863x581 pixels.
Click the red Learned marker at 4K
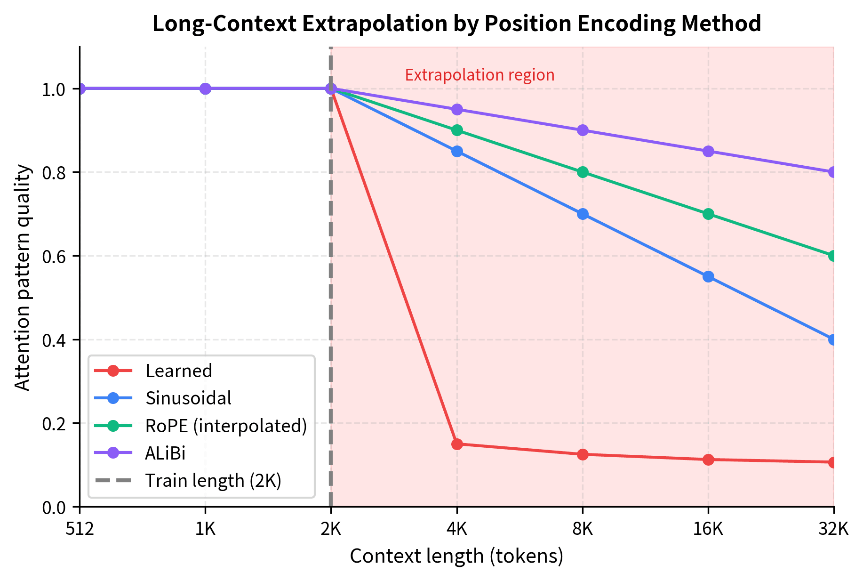click(x=457, y=444)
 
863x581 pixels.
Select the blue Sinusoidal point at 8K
click(x=583, y=214)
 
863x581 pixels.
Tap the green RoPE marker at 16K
click(x=708, y=214)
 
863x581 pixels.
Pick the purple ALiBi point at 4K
click(x=457, y=109)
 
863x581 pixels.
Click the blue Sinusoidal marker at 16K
click(x=708, y=276)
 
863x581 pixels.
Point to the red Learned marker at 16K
click(x=708, y=460)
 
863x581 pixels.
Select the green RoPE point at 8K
click(x=583, y=172)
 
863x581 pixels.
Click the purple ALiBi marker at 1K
click(x=206, y=89)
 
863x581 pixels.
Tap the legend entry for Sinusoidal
click(x=188, y=398)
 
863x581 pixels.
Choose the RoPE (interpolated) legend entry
click(x=226, y=426)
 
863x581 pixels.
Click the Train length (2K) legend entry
click(x=213, y=481)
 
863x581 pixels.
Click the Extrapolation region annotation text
click(x=479, y=75)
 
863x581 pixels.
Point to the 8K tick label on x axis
click(x=583, y=530)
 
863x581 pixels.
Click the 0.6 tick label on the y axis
click(x=53, y=256)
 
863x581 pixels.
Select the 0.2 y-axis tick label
click(x=53, y=423)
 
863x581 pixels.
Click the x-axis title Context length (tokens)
click(x=456, y=556)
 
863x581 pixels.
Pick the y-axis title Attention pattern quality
click(x=22, y=277)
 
